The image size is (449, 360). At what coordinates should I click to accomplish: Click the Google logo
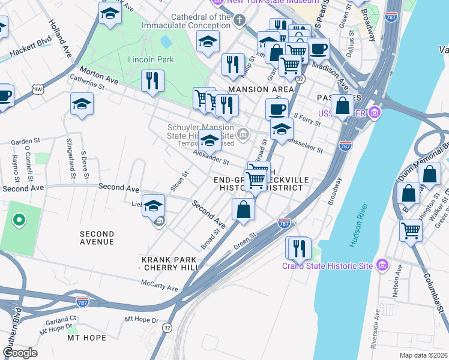point(20,353)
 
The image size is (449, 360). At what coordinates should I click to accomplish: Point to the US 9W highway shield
point(37,89)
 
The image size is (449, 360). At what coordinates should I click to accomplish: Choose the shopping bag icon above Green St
point(243,209)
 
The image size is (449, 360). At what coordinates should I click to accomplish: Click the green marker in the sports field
point(19,220)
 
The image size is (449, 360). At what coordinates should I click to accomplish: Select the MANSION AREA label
point(261,89)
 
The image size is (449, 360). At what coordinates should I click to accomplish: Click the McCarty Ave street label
point(160,286)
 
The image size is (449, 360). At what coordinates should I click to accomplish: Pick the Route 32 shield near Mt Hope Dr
point(167,328)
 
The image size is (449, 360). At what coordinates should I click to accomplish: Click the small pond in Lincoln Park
point(166,42)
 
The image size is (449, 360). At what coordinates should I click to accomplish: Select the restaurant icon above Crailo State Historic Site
point(298,247)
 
